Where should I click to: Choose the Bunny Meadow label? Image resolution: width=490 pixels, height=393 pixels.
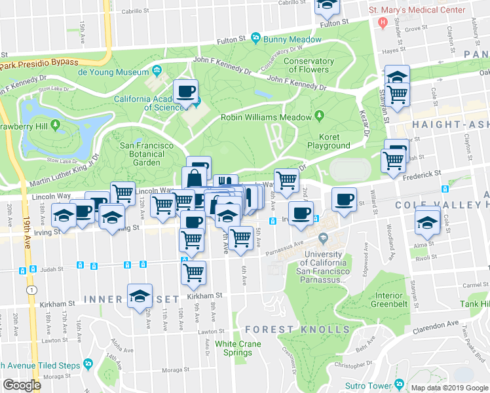283,39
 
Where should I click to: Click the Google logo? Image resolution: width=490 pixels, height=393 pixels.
21,385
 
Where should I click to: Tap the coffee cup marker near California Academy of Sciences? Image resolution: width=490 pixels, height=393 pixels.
185,90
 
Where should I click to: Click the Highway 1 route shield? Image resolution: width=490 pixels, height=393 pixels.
30,289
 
